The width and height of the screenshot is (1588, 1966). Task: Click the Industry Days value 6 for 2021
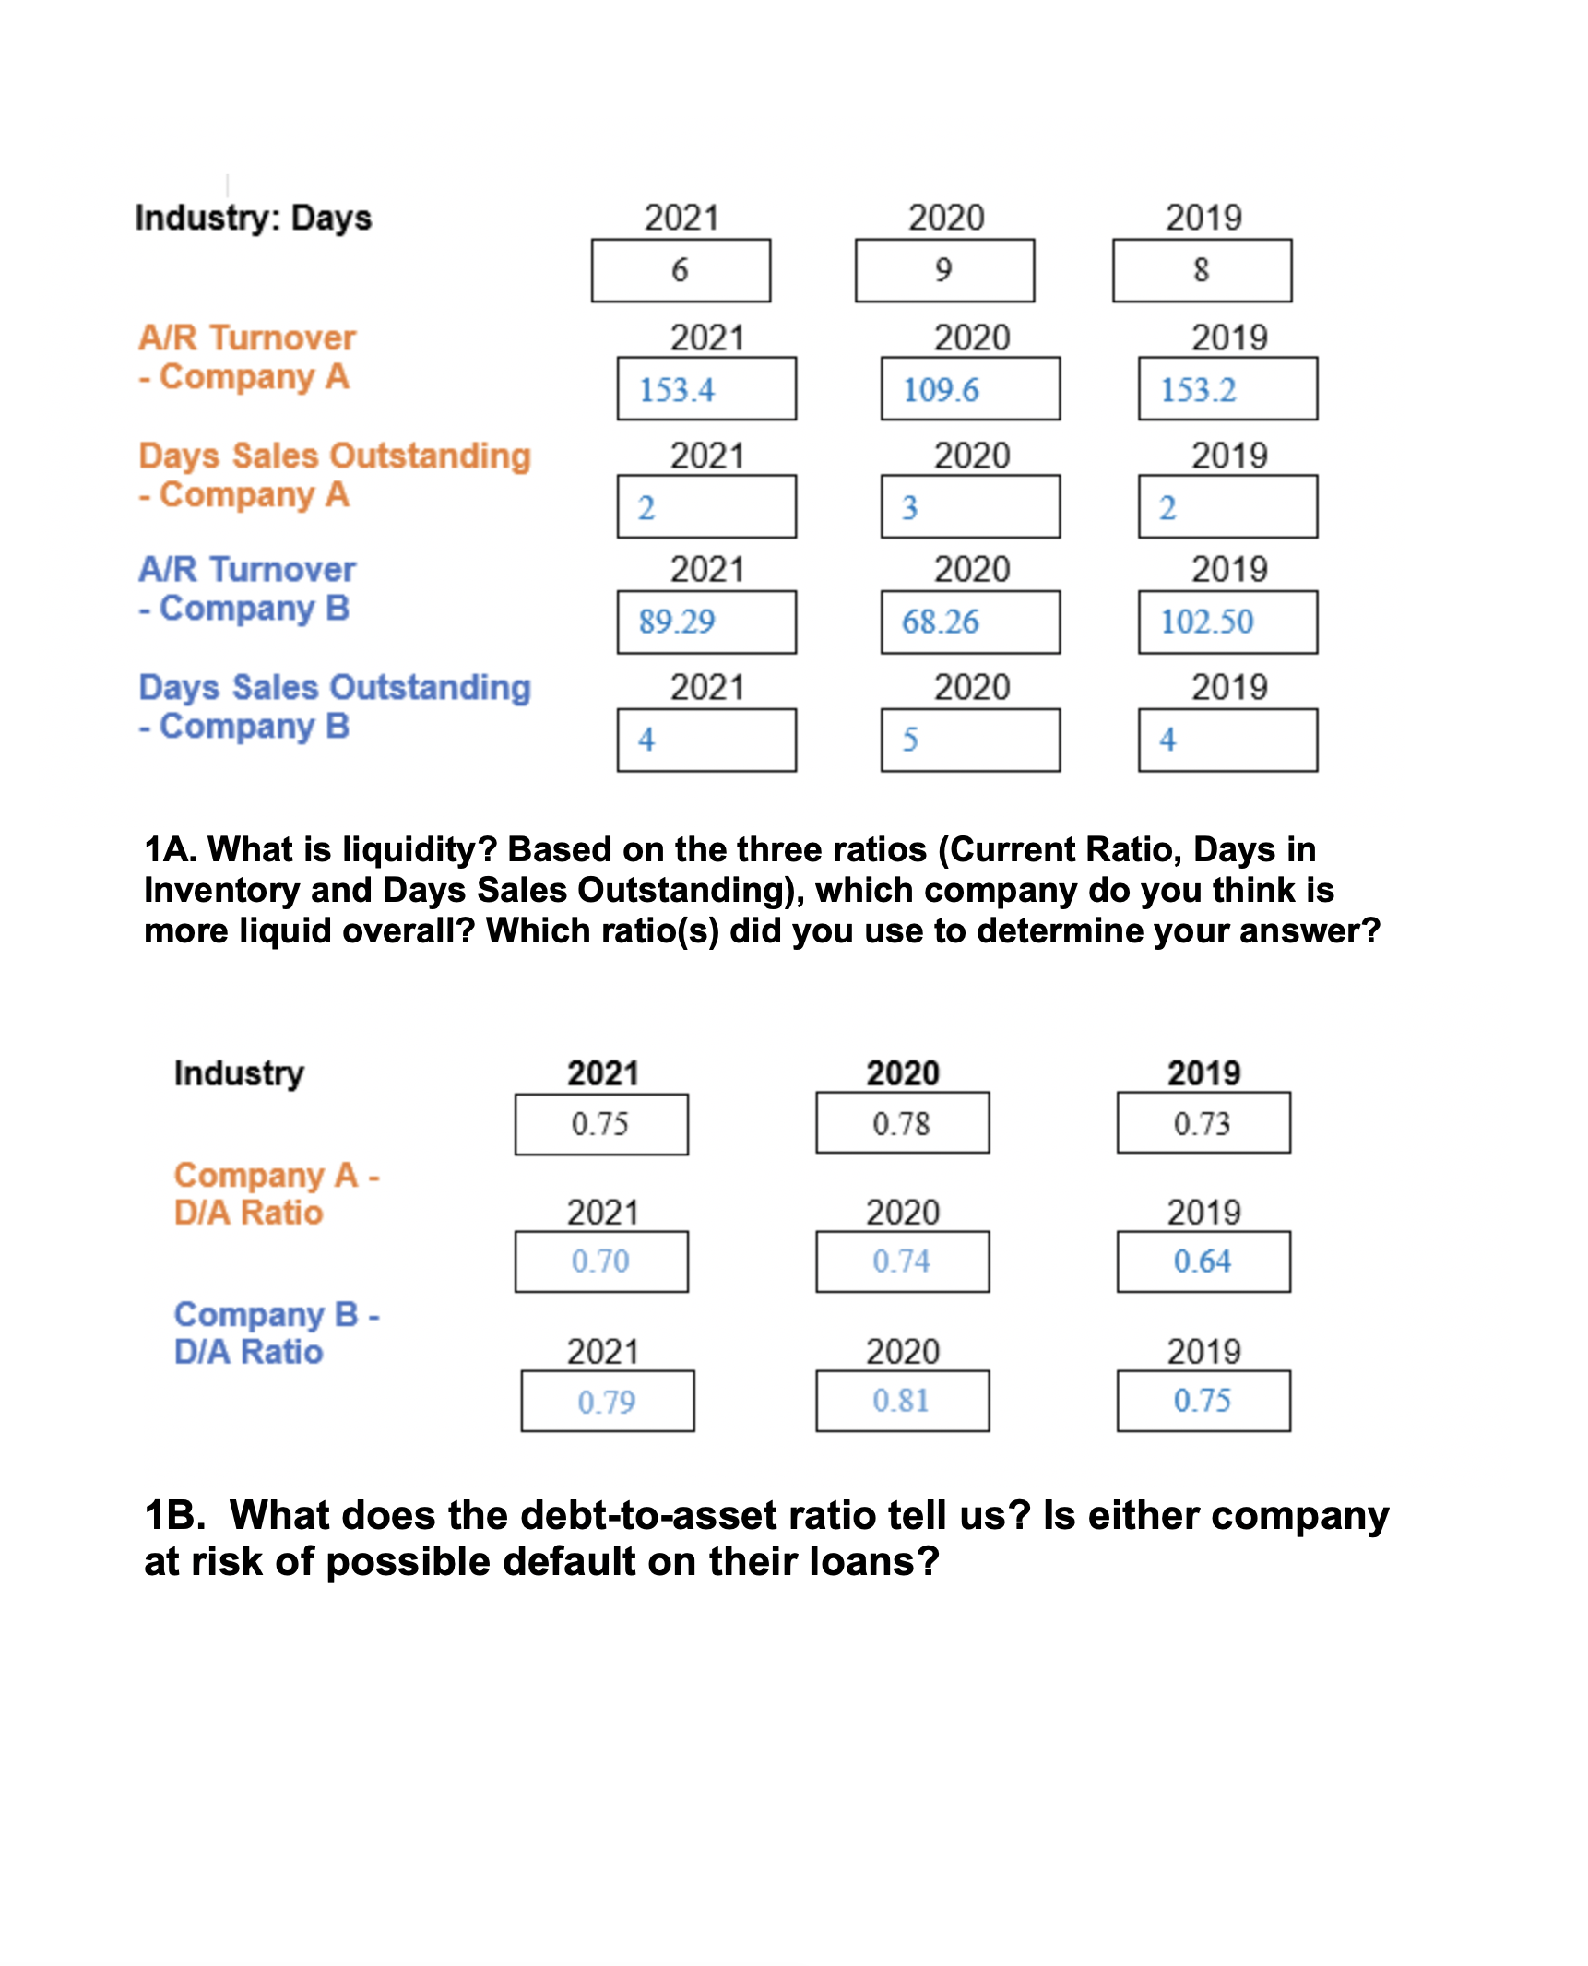(681, 270)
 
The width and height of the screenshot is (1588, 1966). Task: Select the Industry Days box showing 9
(943, 270)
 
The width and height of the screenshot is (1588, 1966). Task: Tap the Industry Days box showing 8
(1201, 270)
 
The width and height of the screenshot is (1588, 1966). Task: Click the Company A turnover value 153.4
(706, 389)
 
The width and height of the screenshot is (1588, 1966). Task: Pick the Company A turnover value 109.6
(969, 389)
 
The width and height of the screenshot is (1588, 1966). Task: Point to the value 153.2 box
(1227, 389)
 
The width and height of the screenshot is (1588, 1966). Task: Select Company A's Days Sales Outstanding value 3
(969, 507)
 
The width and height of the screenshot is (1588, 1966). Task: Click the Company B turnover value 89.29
(706, 622)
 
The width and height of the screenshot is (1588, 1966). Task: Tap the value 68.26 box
(969, 622)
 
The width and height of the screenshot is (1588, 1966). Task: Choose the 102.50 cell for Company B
(1227, 622)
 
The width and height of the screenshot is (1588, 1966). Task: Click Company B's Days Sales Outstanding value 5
(969, 739)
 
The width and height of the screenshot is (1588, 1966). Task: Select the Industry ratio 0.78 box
(902, 1123)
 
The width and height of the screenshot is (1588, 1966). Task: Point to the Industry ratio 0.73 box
(1203, 1123)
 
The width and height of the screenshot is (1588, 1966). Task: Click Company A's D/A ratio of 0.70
(601, 1261)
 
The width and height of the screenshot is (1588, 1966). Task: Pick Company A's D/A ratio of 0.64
(1203, 1261)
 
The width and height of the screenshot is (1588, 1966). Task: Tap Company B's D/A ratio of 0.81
(902, 1400)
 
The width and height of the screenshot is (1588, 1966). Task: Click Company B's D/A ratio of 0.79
(607, 1401)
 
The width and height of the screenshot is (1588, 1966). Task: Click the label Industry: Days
(253, 219)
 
